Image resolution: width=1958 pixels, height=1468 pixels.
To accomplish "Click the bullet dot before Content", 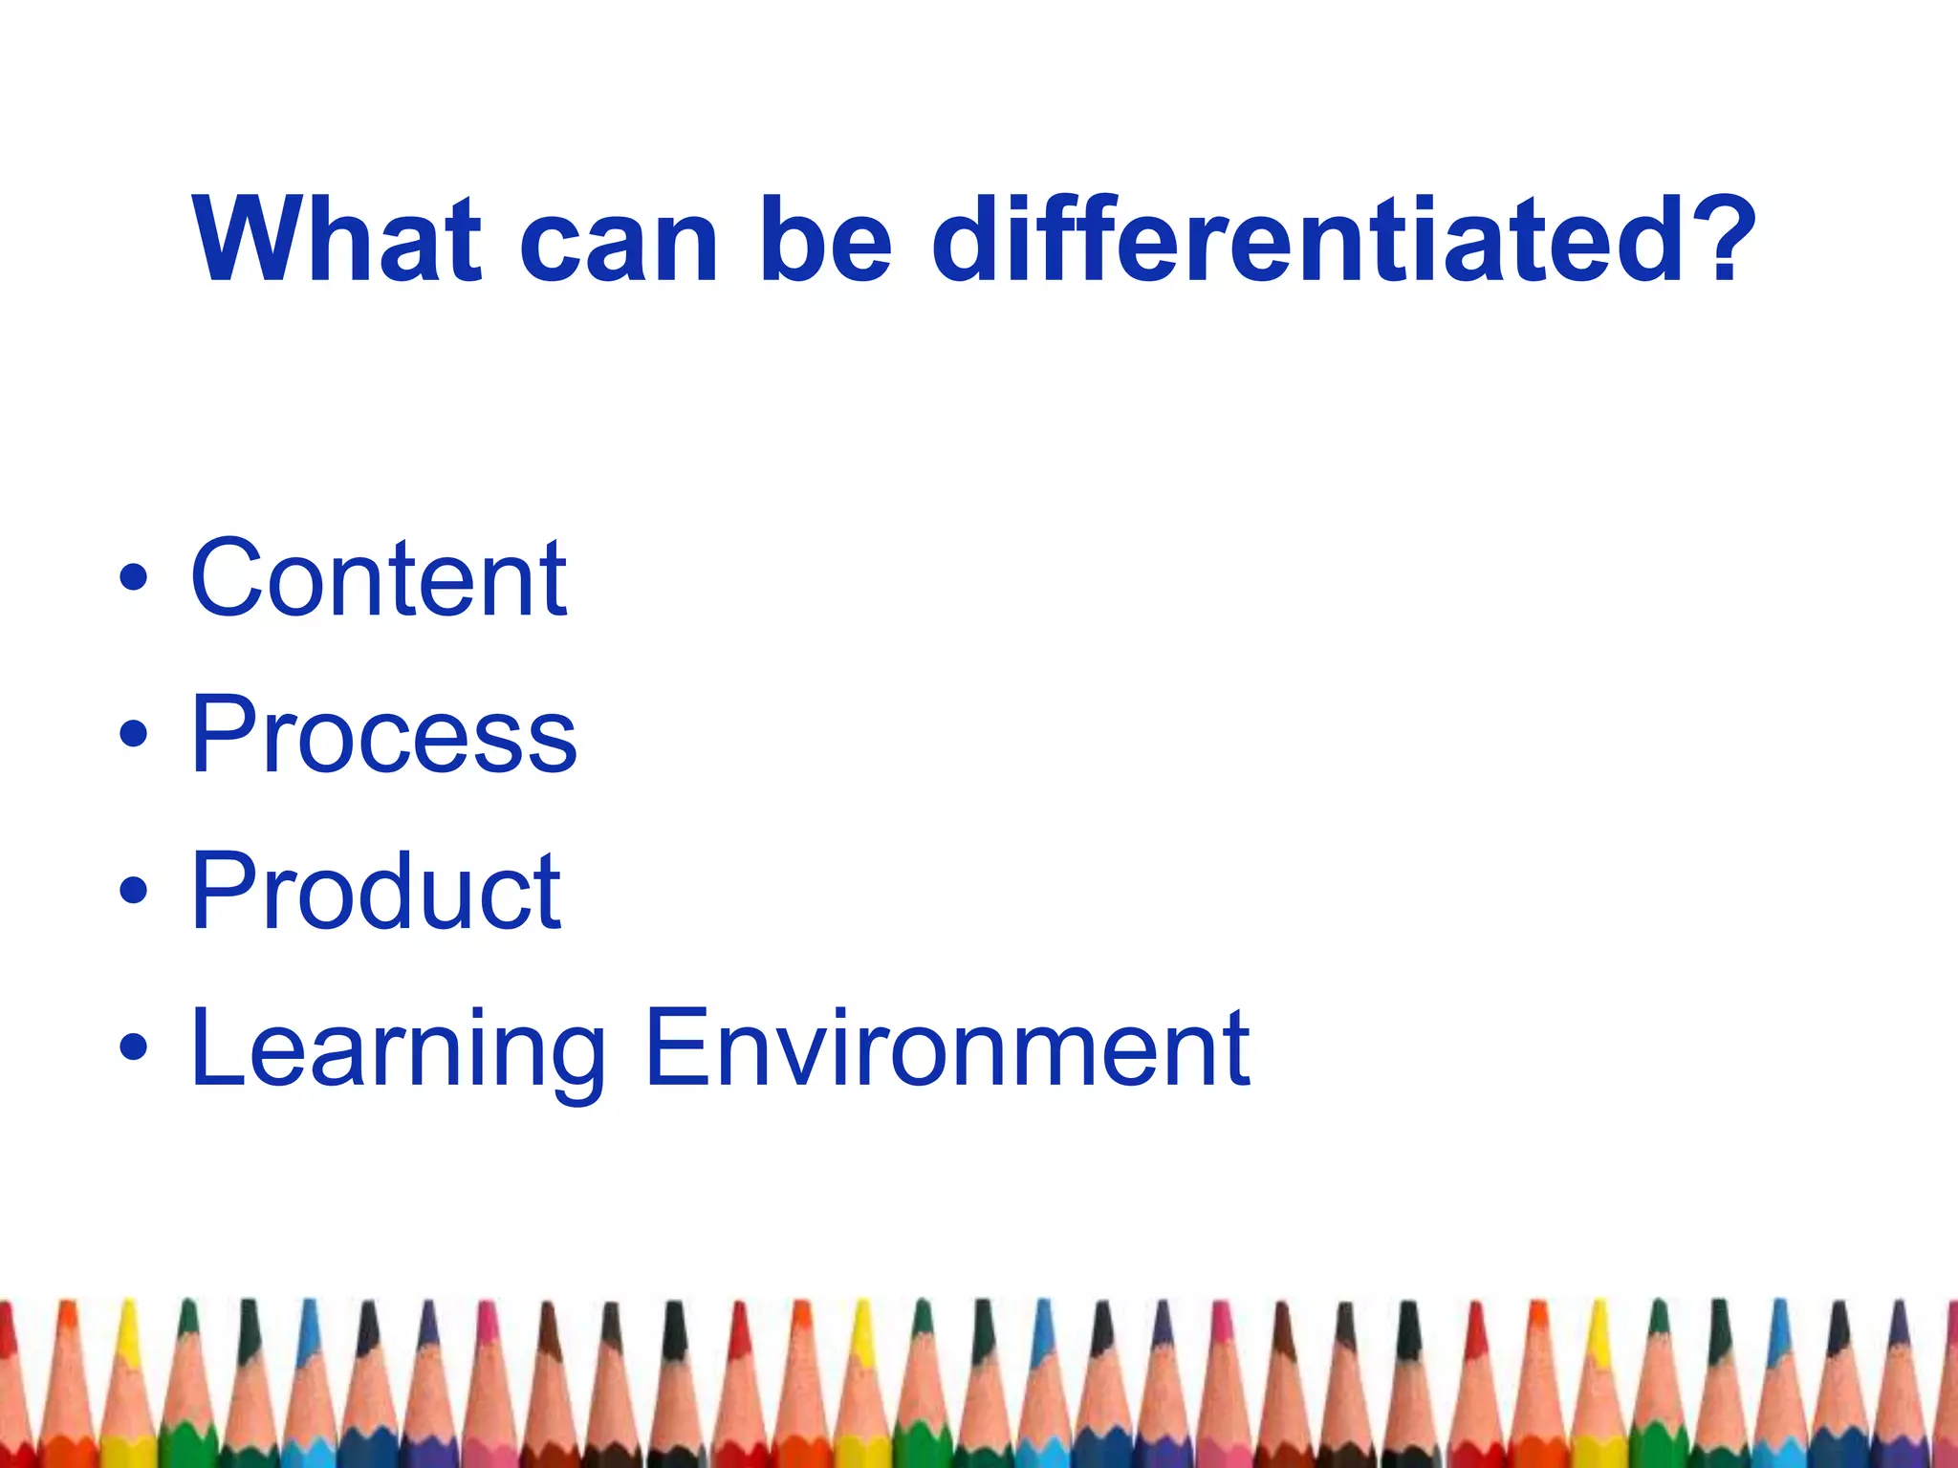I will [134, 578].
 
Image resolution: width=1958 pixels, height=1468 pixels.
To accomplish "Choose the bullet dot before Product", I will [134, 890].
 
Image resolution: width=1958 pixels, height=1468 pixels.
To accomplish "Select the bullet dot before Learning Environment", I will [134, 1047].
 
